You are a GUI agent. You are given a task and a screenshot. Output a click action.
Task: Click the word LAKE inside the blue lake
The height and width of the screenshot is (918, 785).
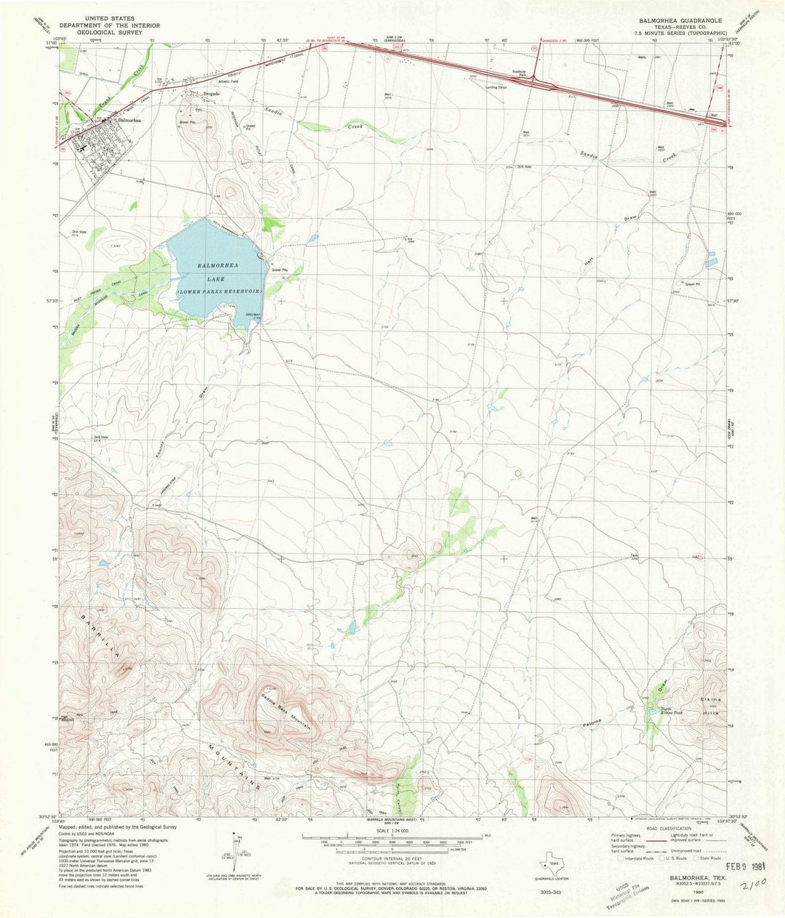(x=218, y=278)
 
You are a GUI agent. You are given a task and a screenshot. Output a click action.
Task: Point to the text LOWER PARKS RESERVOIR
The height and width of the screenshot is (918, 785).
(x=220, y=289)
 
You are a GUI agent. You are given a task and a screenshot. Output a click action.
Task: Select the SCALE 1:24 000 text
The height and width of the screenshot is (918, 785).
(x=392, y=829)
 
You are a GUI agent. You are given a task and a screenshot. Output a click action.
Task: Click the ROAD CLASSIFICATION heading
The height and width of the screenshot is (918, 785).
(x=667, y=829)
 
